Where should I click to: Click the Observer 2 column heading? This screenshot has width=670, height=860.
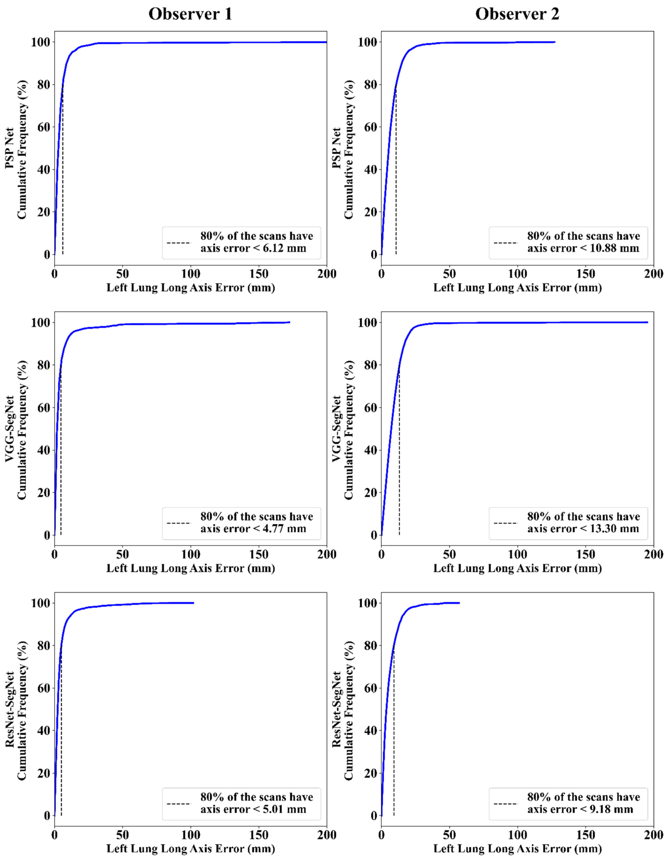[x=517, y=14]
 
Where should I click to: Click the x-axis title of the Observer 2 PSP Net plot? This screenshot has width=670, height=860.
[x=517, y=288]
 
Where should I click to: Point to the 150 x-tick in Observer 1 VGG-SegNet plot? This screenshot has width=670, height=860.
[x=259, y=554]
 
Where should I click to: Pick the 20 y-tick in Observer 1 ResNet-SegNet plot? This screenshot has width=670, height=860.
[x=37, y=773]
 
